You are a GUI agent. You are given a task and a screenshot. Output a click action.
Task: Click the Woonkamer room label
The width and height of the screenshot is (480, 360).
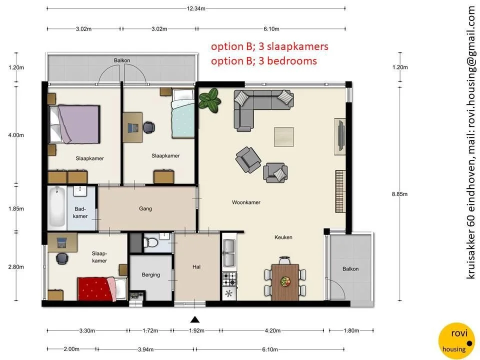point(246,202)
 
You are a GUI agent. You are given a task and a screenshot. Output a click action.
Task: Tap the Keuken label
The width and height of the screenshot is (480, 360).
point(283,237)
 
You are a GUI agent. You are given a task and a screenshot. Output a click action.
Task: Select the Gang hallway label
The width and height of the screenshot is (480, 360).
point(145,208)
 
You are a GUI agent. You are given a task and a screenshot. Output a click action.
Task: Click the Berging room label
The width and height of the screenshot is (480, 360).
point(150,274)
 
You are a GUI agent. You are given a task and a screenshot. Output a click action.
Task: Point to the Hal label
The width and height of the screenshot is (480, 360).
point(196,267)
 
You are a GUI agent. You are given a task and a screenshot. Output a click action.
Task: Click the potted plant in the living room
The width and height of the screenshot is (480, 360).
point(209,98)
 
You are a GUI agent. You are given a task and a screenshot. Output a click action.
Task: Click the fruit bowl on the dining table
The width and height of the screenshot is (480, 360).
point(285,281)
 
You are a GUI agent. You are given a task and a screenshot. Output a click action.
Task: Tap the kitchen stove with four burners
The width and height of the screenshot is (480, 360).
point(228,276)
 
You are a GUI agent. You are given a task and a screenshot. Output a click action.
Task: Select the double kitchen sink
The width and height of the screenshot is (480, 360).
point(228,253)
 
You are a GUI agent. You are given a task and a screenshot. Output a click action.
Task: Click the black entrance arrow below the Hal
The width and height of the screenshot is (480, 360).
point(195,320)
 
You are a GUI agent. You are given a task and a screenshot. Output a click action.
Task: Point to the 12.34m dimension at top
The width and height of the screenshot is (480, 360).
point(196,8)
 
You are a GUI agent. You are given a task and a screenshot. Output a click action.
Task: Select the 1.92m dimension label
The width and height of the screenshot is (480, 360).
point(195,331)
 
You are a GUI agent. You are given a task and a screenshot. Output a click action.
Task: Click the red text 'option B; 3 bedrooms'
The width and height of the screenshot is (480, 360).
point(263,61)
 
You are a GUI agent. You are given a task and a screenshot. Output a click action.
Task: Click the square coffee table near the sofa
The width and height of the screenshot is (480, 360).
point(283,135)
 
